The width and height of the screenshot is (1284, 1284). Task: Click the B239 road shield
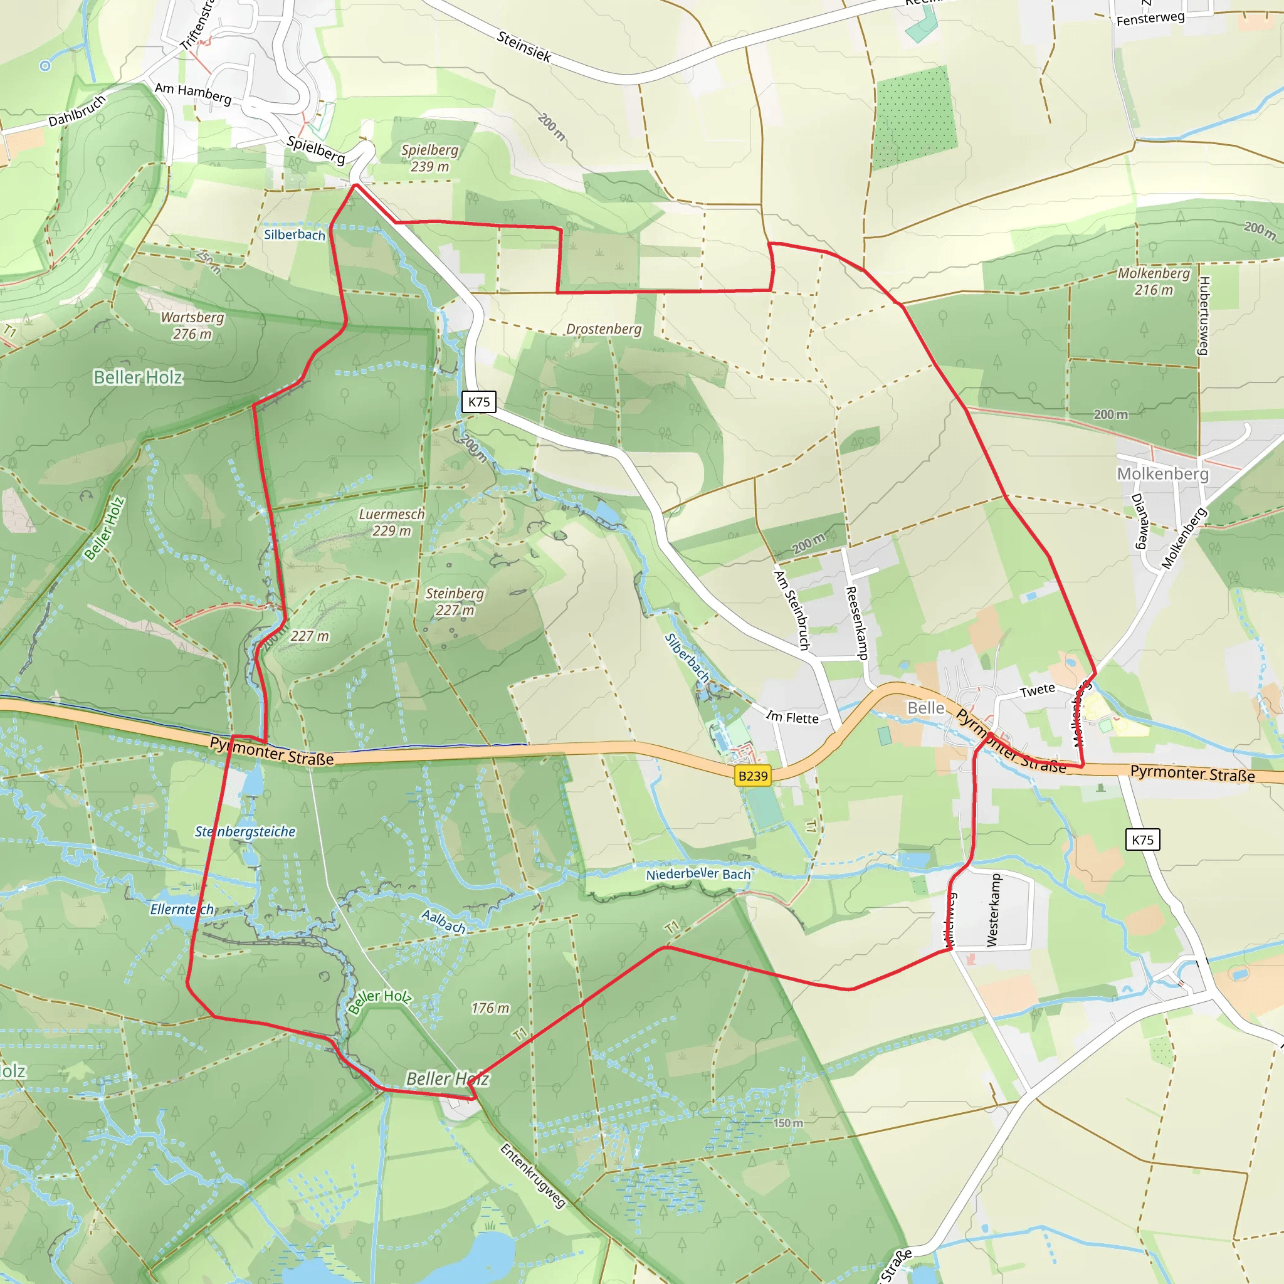coord(752,776)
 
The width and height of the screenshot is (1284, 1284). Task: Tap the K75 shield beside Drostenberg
coord(478,401)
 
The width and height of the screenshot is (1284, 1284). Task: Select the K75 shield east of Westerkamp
coord(1142,839)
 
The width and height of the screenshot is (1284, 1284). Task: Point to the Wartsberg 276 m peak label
coord(192,325)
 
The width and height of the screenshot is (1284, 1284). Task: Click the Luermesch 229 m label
coord(391,522)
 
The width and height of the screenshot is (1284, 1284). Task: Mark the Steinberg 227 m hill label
coord(455,601)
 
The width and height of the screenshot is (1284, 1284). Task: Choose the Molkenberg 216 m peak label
coord(1154,281)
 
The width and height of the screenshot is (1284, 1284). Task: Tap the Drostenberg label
coord(604,329)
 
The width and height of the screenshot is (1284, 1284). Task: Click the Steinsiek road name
coord(524,46)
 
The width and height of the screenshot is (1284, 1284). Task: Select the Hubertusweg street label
coord(1204,316)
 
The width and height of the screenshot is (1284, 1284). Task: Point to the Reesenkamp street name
coord(856,623)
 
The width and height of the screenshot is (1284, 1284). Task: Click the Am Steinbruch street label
coord(792,610)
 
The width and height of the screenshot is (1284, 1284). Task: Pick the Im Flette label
coord(792,717)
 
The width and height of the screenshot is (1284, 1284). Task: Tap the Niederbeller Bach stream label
coord(698,874)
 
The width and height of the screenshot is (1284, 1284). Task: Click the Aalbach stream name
coord(443,921)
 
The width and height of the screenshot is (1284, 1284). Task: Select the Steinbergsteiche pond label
coord(245,831)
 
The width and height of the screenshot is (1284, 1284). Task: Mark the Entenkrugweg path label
coord(532,1176)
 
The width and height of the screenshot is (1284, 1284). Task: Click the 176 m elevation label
coord(490,1008)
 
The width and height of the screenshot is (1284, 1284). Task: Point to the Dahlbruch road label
coord(77,111)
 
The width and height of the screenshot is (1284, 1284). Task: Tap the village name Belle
coord(926,708)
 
